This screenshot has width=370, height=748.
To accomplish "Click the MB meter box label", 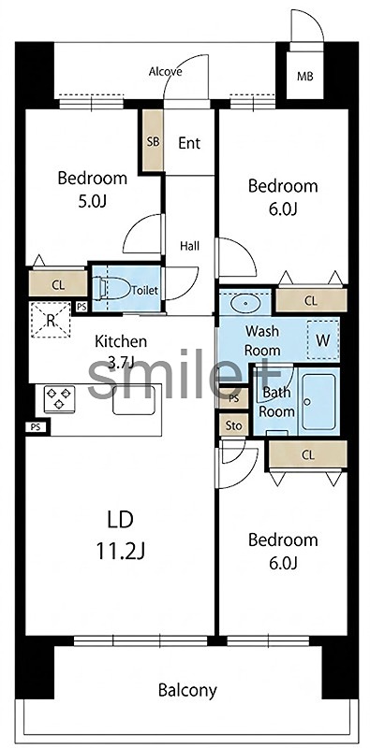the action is [x=305, y=76].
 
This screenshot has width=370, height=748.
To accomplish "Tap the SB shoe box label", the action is [x=153, y=142].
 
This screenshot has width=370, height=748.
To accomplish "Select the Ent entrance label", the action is [x=189, y=143].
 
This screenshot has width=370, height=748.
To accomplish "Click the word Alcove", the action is [x=166, y=72].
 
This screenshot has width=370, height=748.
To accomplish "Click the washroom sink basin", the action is [x=245, y=302].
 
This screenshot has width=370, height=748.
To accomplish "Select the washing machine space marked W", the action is [x=323, y=340].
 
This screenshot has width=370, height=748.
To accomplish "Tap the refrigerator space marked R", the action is [x=51, y=321].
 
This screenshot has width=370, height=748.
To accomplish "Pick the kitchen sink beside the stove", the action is [x=133, y=400].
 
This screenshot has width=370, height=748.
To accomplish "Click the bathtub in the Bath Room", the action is [x=318, y=402].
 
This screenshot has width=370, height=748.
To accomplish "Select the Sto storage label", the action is [x=234, y=425].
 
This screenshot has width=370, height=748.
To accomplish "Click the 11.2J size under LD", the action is [x=121, y=552].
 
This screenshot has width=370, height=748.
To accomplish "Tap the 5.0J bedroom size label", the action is [x=92, y=201].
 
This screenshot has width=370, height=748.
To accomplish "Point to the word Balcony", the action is [x=187, y=690].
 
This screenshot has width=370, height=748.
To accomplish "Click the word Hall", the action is [x=190, y=246].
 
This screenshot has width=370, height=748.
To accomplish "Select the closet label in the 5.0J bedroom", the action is [x=58, y=285].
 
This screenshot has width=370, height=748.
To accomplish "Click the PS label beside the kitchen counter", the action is [x=35, y=427].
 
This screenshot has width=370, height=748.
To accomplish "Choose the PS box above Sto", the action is [x=234, y=399].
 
